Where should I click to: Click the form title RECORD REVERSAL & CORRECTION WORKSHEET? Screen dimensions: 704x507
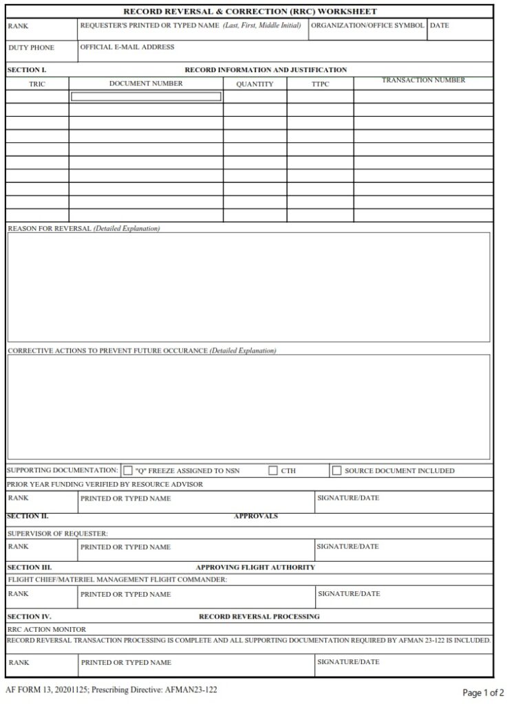pos(250,12)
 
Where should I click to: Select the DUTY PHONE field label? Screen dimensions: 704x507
pos(31,48)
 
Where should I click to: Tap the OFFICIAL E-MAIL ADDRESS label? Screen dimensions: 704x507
pos(127,47)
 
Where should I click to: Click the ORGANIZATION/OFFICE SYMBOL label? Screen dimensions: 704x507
pos(367,25)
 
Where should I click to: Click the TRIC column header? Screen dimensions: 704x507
pos(37,84)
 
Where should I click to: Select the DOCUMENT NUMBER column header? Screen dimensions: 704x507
pos(146,83)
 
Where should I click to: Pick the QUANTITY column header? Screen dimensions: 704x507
pos(255,84)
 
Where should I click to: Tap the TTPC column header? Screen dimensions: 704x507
pos(320,84)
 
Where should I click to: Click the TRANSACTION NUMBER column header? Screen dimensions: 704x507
pos(423,80)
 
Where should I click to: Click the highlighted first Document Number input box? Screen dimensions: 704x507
pos(146,97)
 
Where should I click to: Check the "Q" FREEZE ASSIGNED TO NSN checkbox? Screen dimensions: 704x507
pos(128,471)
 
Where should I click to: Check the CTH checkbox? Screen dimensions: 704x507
pos(273,471)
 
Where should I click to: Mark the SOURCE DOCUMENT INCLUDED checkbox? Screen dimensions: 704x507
pos(336,471)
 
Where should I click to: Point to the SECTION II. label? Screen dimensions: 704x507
pos(28,516)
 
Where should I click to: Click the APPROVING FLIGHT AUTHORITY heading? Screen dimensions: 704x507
pos(255,567)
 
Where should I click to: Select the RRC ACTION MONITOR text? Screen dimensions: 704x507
pos(47,628)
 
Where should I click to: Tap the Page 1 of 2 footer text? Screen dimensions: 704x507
pos(483,692)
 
